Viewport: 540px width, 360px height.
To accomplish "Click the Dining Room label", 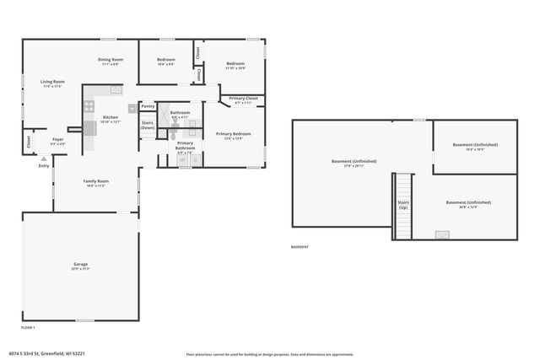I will click(111, 60).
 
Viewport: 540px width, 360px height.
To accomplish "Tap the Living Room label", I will click(52, 82).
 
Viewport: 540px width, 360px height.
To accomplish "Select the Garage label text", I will click(80, 265).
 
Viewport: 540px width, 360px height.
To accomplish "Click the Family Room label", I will click(95, 181).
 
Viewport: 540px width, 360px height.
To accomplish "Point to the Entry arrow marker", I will click(44, 158).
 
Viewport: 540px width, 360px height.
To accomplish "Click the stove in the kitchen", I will click(89, 106).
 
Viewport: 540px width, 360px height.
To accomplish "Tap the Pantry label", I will click(148, 106).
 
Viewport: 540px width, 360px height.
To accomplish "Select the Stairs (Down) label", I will click(148, 125).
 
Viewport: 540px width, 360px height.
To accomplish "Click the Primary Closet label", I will click(243, 99).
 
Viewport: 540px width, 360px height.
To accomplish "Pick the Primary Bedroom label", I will click(233, 134).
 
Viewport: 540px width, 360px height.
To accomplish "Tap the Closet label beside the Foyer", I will click(29, 142).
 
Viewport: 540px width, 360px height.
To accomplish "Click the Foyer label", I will click(57, 139).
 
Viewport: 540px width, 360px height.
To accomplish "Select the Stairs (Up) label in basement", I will click(403, 205).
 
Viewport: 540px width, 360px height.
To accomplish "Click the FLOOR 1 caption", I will click(28, 326).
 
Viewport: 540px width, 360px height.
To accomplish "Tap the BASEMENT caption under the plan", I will click(300, 247).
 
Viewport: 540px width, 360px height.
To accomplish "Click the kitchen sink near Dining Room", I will click(116, 89).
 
